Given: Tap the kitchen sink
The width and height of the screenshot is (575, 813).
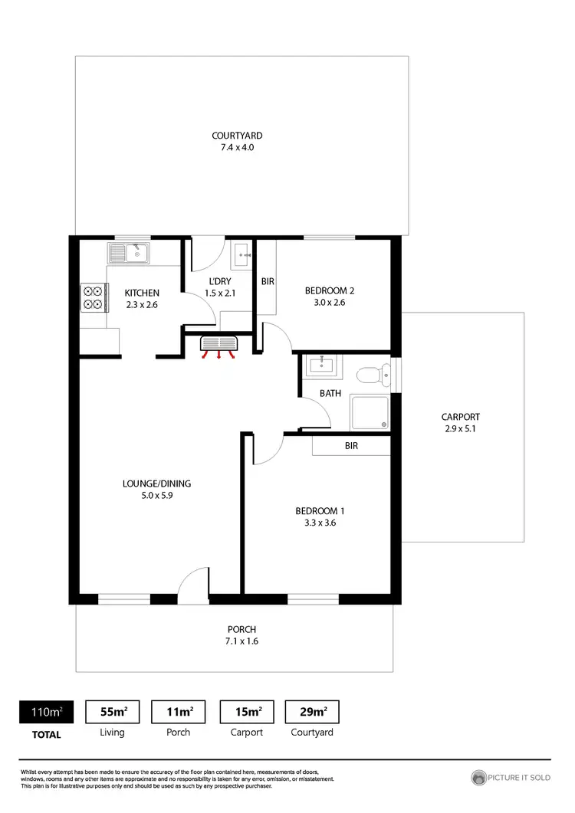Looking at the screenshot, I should [130, 252].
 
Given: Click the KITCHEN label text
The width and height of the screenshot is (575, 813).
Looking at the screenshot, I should [142, 293].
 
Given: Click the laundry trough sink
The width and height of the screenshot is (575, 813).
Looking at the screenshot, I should [242, 254].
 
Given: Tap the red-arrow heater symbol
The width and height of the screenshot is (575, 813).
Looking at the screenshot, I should [219, 346].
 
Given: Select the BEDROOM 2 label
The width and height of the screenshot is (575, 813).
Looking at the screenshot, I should [329, 290].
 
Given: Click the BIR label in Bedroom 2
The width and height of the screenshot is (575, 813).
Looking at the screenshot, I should [268, 282].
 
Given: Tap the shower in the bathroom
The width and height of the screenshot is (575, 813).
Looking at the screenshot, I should [370, 412].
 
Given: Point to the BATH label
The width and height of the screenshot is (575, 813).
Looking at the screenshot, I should [330, 393].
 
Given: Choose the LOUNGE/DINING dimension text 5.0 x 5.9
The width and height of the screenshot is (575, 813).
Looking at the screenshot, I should [156, 496].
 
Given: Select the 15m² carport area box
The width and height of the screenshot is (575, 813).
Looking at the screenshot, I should [247, 712].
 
